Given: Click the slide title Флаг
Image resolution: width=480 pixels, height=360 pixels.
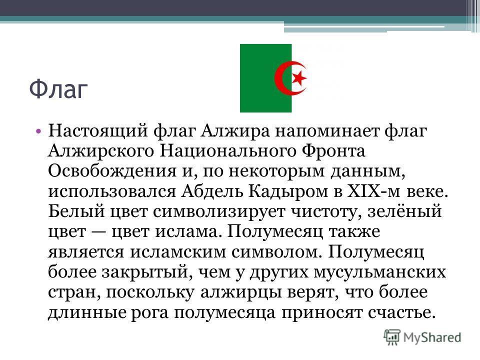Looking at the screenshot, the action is point(58,89).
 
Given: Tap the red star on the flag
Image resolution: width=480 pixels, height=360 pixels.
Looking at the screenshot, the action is point(299,78).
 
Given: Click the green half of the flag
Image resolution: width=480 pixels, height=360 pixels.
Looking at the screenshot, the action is point(265,78).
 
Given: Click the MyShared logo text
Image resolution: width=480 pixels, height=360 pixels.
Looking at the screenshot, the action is point(432,337).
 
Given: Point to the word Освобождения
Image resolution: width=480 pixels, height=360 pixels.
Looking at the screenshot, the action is point(112,171).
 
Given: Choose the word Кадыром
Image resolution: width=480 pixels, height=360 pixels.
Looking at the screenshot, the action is point(288,192).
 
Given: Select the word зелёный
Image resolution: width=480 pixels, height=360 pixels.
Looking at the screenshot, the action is point(404,211).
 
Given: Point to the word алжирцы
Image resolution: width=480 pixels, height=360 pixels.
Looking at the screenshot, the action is point(241,292).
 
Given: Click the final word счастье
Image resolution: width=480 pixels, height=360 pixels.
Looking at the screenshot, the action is point(401,312).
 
